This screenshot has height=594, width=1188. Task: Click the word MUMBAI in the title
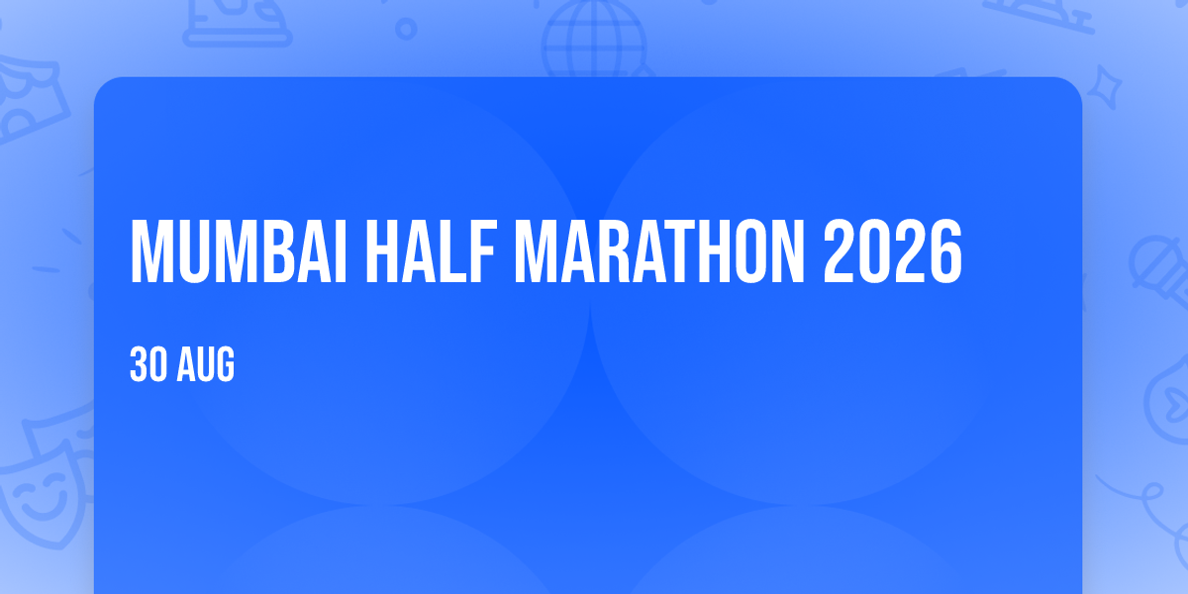(x=239, y=251)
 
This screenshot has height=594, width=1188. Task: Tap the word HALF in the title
(x=431, y=251)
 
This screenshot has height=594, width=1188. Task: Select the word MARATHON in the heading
(x=659, y=251)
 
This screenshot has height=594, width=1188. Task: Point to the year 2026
(x=893, y=251)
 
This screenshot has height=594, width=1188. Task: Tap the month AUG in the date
(x=206, y=364)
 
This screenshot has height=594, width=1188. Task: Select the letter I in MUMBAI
(x=341, y=251)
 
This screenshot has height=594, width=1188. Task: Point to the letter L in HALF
(x=451, y=251)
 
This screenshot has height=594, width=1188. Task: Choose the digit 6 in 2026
(x=945, y=251)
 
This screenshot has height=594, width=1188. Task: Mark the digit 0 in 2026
(x=875, y=251)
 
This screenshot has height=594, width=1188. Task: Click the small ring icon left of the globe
(x=406, y=29)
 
